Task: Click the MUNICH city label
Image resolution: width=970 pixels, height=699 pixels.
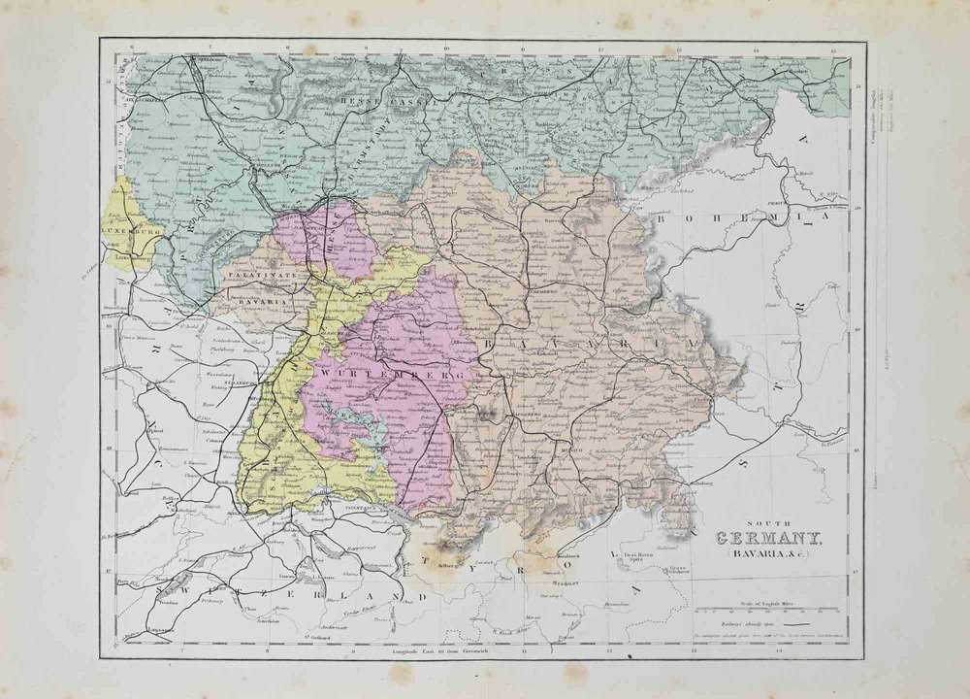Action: click(574, 449)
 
